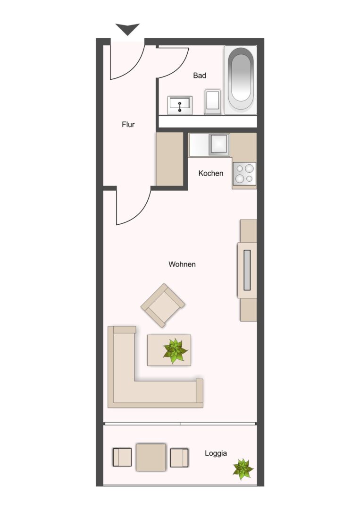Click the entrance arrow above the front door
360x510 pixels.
[x=127, y=29]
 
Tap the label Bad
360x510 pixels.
[x=200, y=76]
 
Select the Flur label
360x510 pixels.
[x=128, y=124]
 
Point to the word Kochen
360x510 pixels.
[x=211, y=173]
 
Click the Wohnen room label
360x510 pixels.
[x=182, y=264]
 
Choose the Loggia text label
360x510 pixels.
[x=216, y=453]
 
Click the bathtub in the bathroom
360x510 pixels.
[x=241, y=80]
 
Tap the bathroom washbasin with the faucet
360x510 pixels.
[x=180, y=105]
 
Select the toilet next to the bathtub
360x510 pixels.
[x=212, y=102]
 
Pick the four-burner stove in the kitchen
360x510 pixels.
[x=244, y=174]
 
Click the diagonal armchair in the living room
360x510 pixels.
[x=163, y=306]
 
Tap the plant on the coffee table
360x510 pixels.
[x=175, y=350]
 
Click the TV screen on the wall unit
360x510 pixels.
[x=247, y=270]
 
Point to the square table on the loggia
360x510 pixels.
[x=151, y=457]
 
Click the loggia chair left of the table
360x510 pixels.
[x=122, y=457]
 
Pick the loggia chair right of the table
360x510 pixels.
[x=179, y=458]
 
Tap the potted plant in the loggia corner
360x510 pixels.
[x=243, y=469]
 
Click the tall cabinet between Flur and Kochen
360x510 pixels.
[x=169, y=159]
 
